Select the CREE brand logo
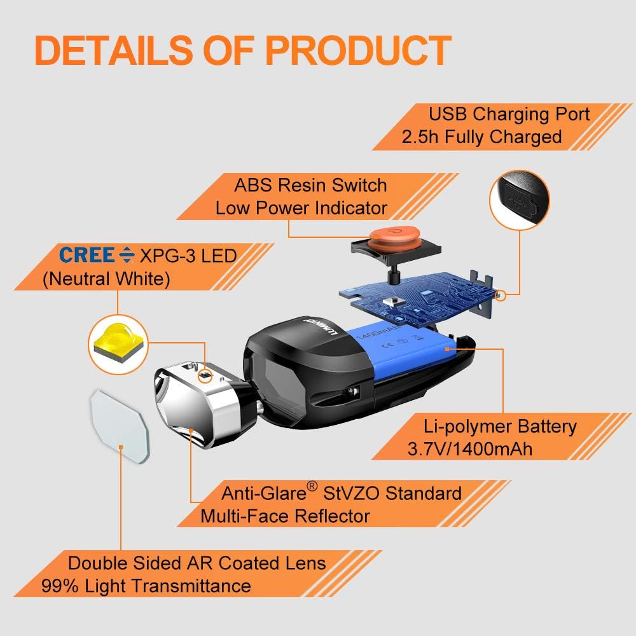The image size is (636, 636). (87, 255)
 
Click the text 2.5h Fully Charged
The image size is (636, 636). (482, 137)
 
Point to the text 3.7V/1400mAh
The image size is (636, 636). (470, 449)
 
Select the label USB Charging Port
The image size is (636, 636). (509, 114)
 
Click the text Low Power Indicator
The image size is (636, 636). (301, 208)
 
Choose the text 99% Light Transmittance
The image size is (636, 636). (146, 586)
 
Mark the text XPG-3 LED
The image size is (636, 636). (188, 256)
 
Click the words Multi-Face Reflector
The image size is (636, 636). (285, 515)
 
